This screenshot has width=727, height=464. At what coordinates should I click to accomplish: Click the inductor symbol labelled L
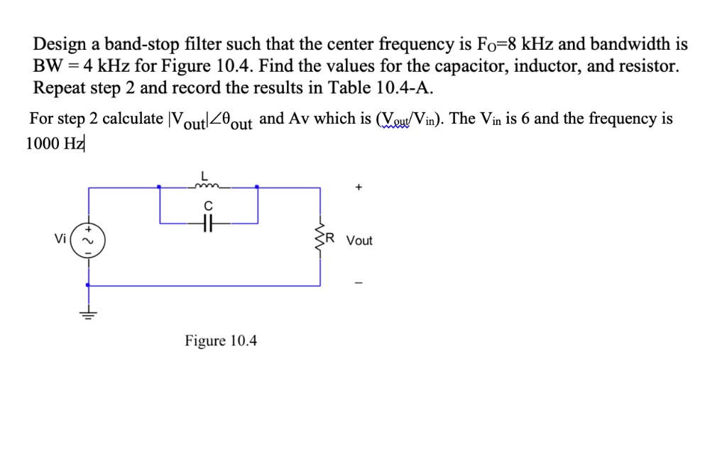pyautogui.click(x=208, y=187)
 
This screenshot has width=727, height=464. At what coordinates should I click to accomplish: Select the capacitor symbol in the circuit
pyautogui.click(x=207, y=222)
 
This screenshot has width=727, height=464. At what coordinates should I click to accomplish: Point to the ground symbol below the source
pyautogui.click(x=89, y=315)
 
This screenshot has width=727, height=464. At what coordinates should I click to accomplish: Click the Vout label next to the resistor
pyautogui.click(x=359, y=241)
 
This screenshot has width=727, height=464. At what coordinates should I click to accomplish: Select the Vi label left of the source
pyautogui.click(x=61, y=239)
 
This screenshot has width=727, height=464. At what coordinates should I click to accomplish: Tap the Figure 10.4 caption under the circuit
pyautogui.click(x=221, y=341)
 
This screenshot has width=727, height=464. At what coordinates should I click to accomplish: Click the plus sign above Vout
pyautogui.click(x=359, y=188)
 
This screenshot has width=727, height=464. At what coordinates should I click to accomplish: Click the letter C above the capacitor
pyautogui.click(x=208, y=204)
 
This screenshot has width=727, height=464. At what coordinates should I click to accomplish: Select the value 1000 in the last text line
pyautogui.click(x=43, y=143)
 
